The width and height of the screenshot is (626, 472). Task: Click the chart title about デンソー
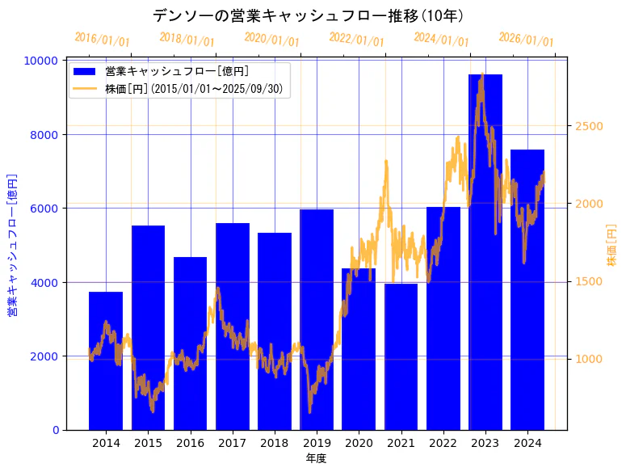coord(308,16)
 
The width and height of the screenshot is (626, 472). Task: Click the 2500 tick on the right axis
coord(589,126)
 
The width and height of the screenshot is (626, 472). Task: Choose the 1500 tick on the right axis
coord(589,281)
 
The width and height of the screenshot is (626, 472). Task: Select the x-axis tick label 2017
coord(232,442)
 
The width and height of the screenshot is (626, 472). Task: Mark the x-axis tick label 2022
coord(443,442)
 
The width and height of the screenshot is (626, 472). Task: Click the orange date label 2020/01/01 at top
coord(271,40)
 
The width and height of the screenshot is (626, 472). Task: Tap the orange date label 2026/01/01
coord(526,40)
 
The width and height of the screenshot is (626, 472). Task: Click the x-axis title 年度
coord(316,458)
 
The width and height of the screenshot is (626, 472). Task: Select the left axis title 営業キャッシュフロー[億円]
coord(13,245)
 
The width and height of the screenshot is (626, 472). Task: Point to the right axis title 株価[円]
coord(611,245)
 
